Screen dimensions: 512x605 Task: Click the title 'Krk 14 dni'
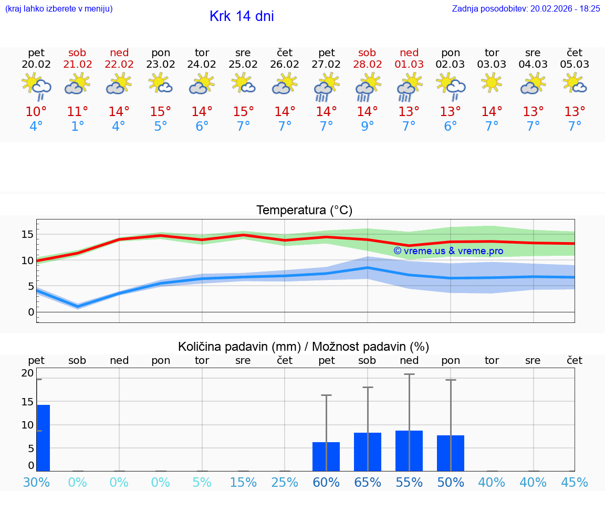pyautogui.click(x=242, y=16)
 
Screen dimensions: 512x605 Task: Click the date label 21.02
pyautogui.click(x=77, y=65)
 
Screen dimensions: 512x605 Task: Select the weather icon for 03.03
pyautogui.click(x=492, y=83)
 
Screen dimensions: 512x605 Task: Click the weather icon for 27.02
pyautogui.click(x=326, y=86)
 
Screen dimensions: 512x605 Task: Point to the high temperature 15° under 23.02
pyautogui.click(x=160, y=112)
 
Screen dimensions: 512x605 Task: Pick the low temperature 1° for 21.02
pyautogui.click(x=77, y=127)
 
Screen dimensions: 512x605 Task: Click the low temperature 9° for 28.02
pyautogui.click(x=367, y=127)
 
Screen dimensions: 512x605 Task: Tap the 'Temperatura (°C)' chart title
pyautogui.click(x=304, y=211)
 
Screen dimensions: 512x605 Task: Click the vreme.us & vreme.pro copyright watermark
pyautogui.click(x=448, y=251)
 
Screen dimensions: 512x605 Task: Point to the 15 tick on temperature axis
pyautogui.click(x=27, y=234)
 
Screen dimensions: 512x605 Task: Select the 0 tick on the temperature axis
pyautogui.click(x=30, y=312)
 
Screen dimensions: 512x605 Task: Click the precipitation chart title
pyautogui.click(x=304, y=347)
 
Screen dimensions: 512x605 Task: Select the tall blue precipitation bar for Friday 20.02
pyautogui.click(x=43, y=438)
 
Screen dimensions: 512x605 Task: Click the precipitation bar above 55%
pyautogui.click(x=409, y=451)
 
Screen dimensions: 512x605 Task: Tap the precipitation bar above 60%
pyautogui.click(x=326, y=456)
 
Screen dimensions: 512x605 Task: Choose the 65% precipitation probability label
pyautogui.click(x=367, y=482)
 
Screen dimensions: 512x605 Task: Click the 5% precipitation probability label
pyautogui.click(x=202, y=482)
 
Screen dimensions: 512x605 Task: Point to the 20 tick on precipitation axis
pyautogui.click(x=27, y=373)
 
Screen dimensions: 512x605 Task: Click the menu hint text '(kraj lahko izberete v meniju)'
pyautogui.click(x=59, y=9)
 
